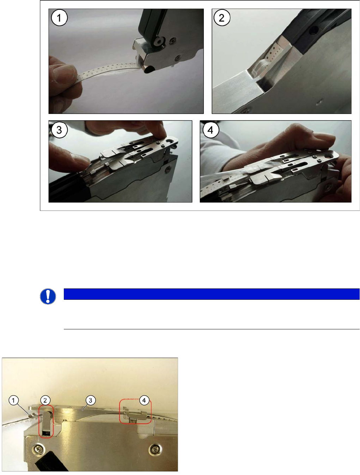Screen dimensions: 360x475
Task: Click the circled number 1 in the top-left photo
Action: pyautogui.click(x=59, y=18)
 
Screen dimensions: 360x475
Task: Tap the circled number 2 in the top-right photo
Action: pyautogui.click(x=222, y=18)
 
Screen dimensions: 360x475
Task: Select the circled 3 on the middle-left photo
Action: pyautogui.click(x=59, y=130)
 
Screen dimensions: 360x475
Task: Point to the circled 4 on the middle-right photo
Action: pyautogui.click(x=210, y=130)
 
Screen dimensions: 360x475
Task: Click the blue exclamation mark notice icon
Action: pyautogui.click(x=48, y=296)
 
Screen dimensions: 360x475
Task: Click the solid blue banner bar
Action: pyautogui.click(x=211, y=294)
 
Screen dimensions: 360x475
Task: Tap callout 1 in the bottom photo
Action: pyautogui.click(x=13, y=400)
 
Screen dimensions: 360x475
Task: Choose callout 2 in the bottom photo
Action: pyautogui.click(x=45, y=400)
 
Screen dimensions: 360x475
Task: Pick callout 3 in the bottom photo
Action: pyautogui.click(x=90, y=400)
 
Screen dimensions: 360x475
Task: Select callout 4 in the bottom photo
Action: pyautogui.click(x=144, y=400)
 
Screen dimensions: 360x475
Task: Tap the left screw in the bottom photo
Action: pyautogui.click(x=38, y=450)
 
